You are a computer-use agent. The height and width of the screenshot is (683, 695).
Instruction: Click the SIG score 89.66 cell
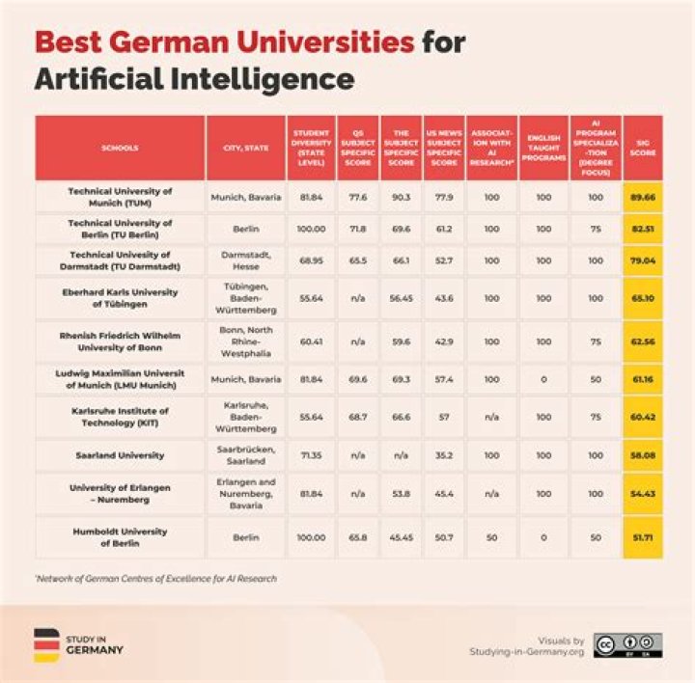coord(641,197)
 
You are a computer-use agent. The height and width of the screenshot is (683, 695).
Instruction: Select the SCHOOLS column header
coord(120,148)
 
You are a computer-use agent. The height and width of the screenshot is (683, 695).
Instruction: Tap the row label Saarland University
coord(120,455)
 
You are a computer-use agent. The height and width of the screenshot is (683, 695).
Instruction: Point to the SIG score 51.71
coord(641,536)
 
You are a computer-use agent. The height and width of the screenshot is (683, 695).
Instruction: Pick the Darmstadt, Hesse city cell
coord(246,261)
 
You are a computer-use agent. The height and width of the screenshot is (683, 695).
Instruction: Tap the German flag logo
coord(46,643)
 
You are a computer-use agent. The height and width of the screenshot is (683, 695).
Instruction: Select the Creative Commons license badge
coord(627,644)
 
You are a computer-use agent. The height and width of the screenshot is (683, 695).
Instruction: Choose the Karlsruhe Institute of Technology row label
coord(120,416)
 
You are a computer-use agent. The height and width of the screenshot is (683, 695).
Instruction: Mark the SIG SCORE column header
coord(641,148)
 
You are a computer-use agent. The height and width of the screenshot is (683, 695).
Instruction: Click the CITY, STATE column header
coord(246,148)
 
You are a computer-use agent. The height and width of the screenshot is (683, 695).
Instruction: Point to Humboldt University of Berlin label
coord(120,536)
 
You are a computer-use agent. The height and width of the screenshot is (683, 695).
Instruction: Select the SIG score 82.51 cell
coord(641,230)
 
